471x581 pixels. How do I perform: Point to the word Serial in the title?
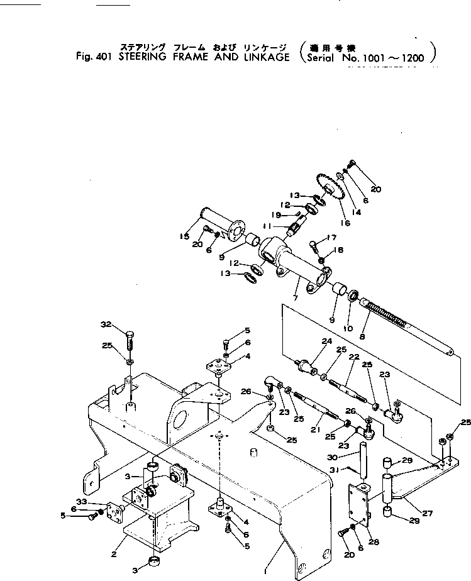[322, 58]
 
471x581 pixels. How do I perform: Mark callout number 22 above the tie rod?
[354, 357]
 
